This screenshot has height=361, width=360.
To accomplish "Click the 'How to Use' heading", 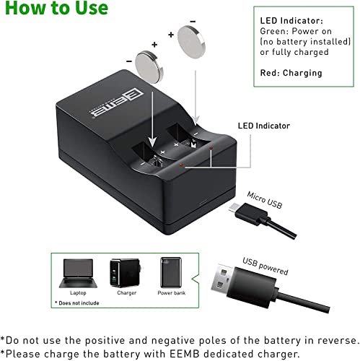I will pos(55,9).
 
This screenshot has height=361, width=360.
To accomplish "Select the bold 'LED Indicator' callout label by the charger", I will pos(264,126).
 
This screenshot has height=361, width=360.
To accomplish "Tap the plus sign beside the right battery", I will pos(170,34).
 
